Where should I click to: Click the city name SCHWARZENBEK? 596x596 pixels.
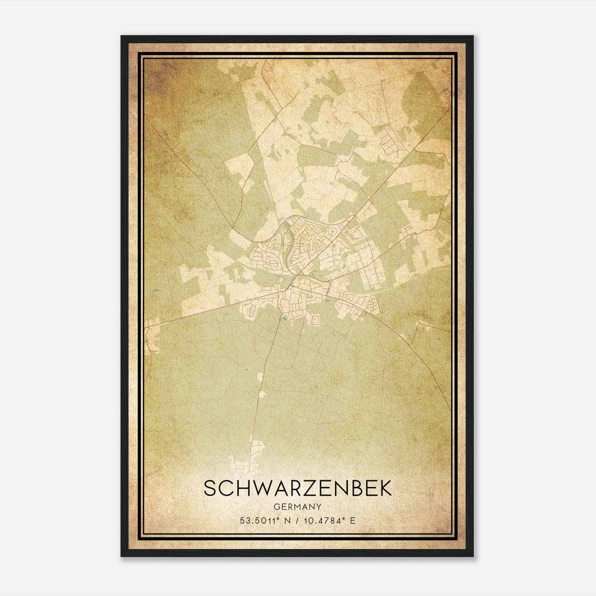click(298, 488)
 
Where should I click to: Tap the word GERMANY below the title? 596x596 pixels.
click(298, 507)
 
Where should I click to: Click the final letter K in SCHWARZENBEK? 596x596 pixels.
click(385, 488)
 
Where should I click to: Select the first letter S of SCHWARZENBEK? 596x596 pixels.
click(211, 488)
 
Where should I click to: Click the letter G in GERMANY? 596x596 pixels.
click(276, 507)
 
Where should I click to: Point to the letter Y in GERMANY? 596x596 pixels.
click(319, 507)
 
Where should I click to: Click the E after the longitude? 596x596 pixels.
click(353, 520)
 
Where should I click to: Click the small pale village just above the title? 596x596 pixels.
click(244, 462)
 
